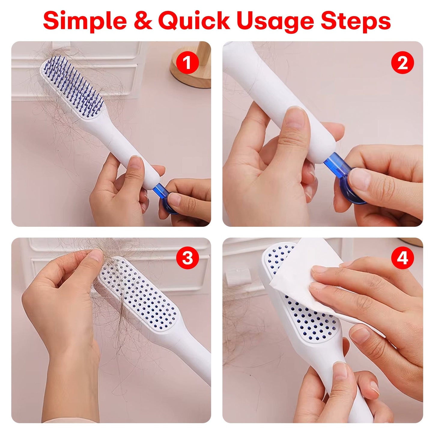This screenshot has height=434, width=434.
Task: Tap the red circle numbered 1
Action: tap(187, 63)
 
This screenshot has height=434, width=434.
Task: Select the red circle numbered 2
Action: tap(402, 63)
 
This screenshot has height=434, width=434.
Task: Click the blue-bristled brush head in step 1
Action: tap(72, 87)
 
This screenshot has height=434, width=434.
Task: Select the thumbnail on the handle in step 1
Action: tap(136, 163)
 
